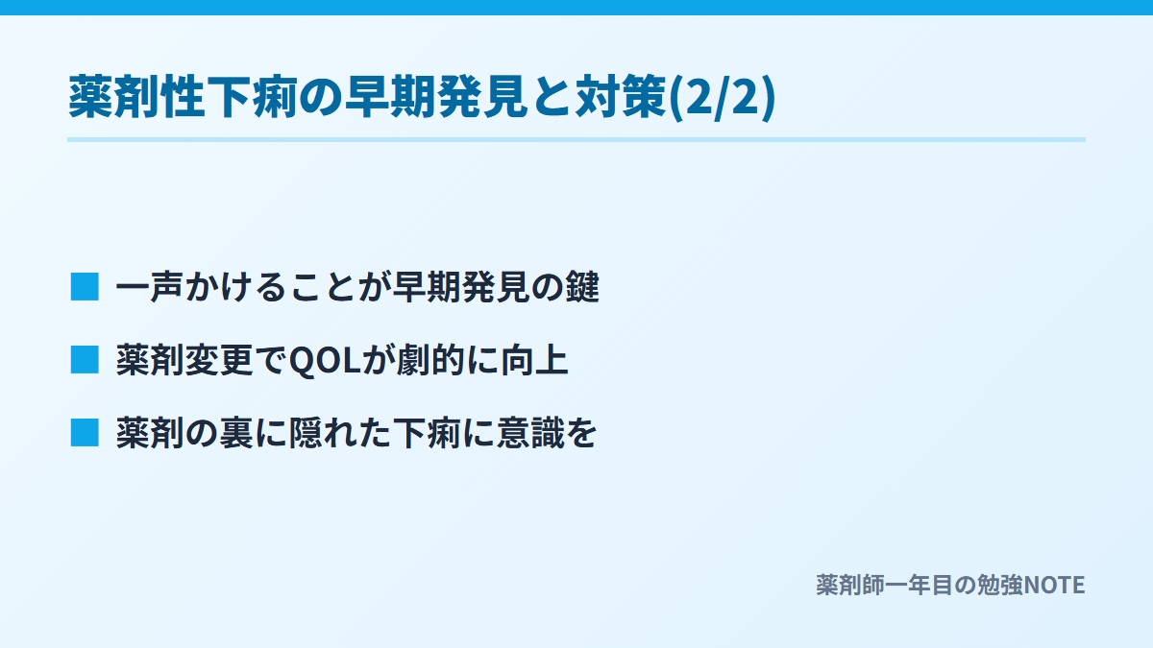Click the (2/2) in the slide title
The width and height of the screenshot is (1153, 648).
pyautogui.click(x=722, y=97)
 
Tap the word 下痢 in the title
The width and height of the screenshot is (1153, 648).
pyautogui.click(x=252, y=97)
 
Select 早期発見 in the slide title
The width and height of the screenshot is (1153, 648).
pyautogui.click(x=436, y=97)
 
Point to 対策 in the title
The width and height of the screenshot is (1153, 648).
pyautogui.click(x=622, y=97)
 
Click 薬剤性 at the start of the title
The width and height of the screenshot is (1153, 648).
pyautogui.click(x=136, y=97)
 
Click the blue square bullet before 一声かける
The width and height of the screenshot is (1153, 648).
pyautogui.click(x=85, y=287)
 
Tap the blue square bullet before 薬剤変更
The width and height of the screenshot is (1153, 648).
pyautogui.click(x=85, y=359)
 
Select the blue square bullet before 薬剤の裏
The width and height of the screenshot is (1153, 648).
pyautogui.click(x=85, y=433)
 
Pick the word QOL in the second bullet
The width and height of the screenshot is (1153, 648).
pyautogui.click(x=326, y=361)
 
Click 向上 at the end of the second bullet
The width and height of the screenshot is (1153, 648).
pyautogui.click(x=535, y=360)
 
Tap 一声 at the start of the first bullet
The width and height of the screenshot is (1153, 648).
pyautogui.click(x=149, y=286)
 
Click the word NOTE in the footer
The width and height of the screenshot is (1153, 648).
pyautogui.click(x=1055, y=586)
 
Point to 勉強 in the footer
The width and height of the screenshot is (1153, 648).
pyautogui.click(x=999, y=586)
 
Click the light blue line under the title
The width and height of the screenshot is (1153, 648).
pyautogui.click(x=576, y=139)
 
